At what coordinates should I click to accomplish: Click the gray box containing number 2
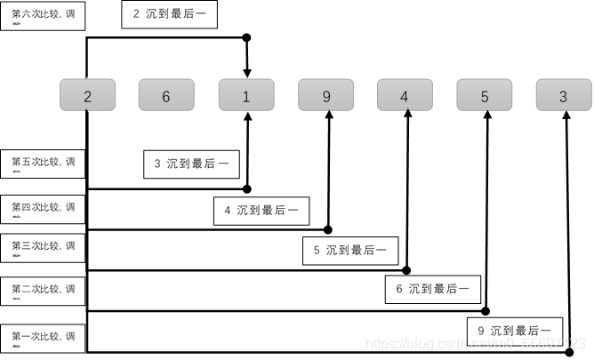pos(87,95)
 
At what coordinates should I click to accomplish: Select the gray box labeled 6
pos(166,95)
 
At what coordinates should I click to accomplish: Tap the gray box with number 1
pos(246,95)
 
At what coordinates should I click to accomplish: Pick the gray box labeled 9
pos(326,95)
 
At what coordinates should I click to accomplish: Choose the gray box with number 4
pos(405,95)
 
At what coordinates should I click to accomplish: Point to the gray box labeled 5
pos(485,95)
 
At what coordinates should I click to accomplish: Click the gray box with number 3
pos(564,95)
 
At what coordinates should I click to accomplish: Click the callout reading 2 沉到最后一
pos(169,15)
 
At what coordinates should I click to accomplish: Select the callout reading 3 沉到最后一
pos(191,164)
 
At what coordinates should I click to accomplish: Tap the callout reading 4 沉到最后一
pos(261,211)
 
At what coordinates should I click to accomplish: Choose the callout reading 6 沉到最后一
pos(433,289)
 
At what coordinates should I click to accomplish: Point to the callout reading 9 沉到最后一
pos(514,330)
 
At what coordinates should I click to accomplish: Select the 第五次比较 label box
pos(43,165)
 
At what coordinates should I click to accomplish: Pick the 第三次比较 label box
pos(43,249)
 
